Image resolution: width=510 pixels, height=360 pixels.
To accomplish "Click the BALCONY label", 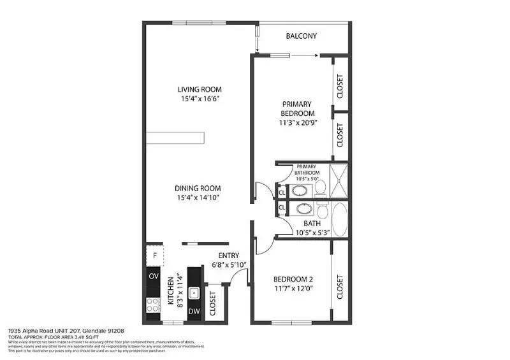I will [302, 36].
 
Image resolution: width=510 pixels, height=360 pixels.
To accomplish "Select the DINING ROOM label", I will [198, 188].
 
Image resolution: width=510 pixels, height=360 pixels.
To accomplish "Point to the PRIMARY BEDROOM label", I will [297, 108].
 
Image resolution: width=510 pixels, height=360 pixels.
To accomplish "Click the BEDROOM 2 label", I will [293, 279].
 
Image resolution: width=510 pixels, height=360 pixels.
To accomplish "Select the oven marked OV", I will [154, 276].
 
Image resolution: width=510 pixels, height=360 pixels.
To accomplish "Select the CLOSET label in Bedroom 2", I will [340, 287].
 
